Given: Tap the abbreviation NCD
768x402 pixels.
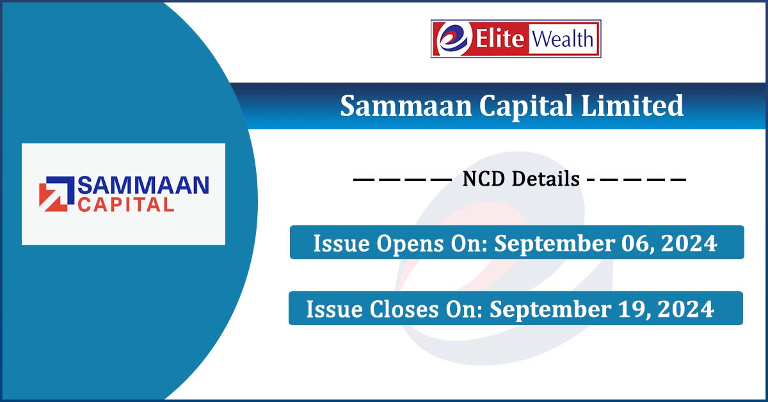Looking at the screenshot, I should (486, 179).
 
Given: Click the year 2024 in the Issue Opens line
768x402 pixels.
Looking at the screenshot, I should (689, 244).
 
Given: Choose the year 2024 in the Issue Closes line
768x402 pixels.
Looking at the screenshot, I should (685, 310).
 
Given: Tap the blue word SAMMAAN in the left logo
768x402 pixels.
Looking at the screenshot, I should (143, 186).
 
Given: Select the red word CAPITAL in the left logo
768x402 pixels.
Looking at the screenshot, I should (125, 205).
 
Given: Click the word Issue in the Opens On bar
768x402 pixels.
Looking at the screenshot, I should (337, 244).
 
